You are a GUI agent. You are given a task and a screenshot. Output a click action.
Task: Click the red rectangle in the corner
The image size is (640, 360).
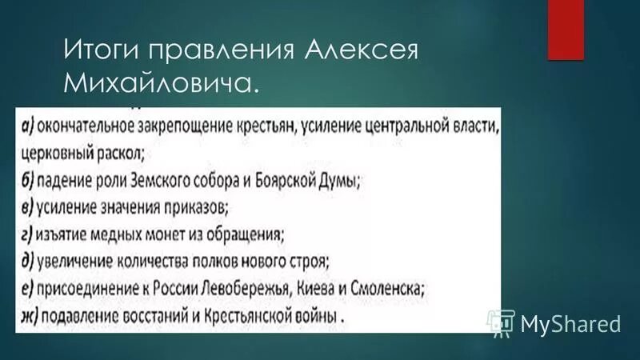point(566,29)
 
